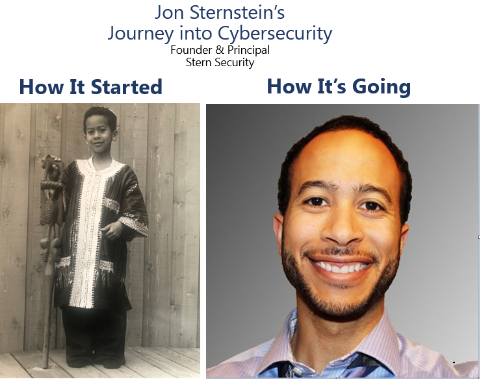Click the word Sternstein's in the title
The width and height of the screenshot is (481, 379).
coord(237,12)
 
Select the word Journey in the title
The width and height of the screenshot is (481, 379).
coord(140,34)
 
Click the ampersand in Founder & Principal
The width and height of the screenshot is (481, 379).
coord(220,50)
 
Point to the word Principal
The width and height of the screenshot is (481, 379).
coord(248,51)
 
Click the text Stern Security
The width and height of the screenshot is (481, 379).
coord(220,62)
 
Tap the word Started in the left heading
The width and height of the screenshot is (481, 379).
coord(126,87)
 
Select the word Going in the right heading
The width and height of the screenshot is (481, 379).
coord(383,87)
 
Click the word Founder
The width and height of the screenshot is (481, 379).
coord(191,50)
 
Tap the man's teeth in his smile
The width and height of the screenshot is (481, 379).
coord(341,267)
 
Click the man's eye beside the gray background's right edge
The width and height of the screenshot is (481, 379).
coord(372,204)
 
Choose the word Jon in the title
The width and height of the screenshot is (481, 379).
coord(170,12)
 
